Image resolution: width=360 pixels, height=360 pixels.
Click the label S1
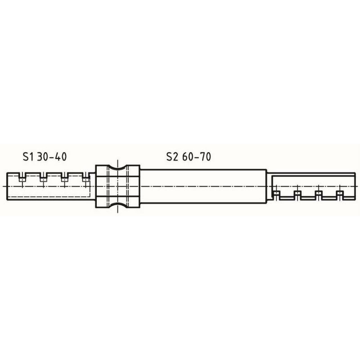point(28,157)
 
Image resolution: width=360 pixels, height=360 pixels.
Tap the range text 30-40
point(52,157)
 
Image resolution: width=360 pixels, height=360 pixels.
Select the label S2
point(172,157)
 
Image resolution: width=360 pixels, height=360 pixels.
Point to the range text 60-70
point(197,157)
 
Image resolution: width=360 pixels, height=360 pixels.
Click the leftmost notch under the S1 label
point(22,177)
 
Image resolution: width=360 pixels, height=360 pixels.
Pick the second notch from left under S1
point(43,177)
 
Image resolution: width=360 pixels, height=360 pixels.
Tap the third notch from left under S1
point(64,177)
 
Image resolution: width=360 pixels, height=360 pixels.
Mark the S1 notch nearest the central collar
point(85,177)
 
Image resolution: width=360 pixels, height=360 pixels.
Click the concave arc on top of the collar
point(117,170)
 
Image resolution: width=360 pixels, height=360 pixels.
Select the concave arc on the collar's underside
point(117,203)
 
